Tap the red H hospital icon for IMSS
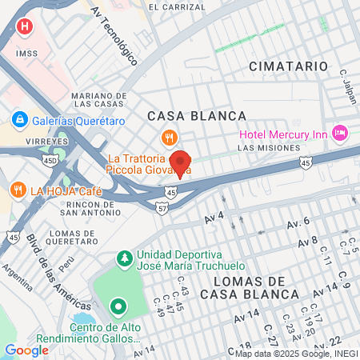[25, 26]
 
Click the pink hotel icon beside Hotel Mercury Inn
[339, 131]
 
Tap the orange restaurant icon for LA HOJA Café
[18, 190]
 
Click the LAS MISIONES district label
[268, 148]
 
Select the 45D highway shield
[51, 161]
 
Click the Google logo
[26, 350]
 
